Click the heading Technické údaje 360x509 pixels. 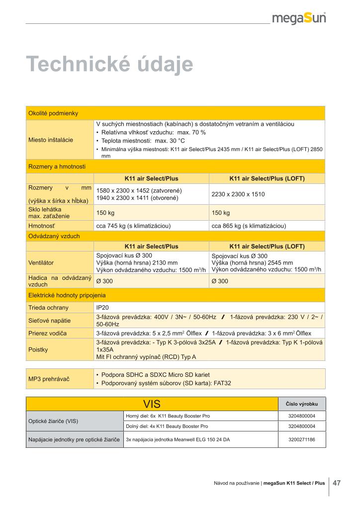pyautogui.click(x=109, y=65)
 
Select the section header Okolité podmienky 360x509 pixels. pyautogui.click(x=53, y=113)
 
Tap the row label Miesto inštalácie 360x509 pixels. pyautogui.click(x=51, y=140)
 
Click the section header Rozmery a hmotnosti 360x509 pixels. pyautogui.click(x=57, y=167)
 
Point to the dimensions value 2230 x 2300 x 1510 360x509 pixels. pyautogui.click(x=238, y=194)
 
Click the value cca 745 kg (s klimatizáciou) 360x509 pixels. pyautogui.click(x=133, y=226)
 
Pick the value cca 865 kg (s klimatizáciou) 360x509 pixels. pyautogui.click(x=249, y=226)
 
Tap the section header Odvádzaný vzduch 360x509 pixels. pyautogui.click(x=54, y=236)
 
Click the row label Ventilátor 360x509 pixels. pyautogui.click(x=41, y=262)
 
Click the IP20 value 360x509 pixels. pyautogui.click(x=102, y=308)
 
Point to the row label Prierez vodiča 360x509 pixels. pyautogui.click(x=48, y=333)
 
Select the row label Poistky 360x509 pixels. pyautogui.click(x=38, y=349)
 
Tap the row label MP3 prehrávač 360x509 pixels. pyautogui.click(x=49, y=379)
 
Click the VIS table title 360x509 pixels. pyautogui.click(x=152, y=403)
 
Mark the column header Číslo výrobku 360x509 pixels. pyautogui.click(x=302, y=404)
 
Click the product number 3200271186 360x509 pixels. pyautogui.click(x=301, y=439)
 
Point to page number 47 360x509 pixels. pyautogui.click(x=337, y=483)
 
